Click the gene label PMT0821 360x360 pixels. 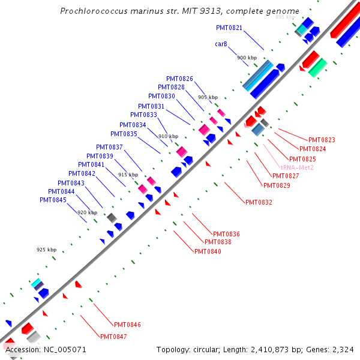click(x=229, y=28)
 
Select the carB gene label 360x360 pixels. click(x=221, y=44)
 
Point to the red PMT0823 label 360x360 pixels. click(x=322, y=140)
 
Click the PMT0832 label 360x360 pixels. click(x=259, y=203)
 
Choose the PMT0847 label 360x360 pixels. click(x=113, y=337)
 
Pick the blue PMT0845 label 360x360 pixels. click(x=53, y=200)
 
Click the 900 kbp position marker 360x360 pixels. click(x=247, y=58)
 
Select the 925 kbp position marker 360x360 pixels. click(x=46, y=250)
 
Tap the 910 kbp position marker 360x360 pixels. click(x=168, y=136)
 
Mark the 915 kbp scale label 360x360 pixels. click(x=128, y=175)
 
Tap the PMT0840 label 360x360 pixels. click(x=208, y=251)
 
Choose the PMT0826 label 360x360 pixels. click(x=180, y=79)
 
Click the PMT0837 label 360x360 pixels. click(x=109, y=147)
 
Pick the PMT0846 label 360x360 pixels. click(x=127, y=325)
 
